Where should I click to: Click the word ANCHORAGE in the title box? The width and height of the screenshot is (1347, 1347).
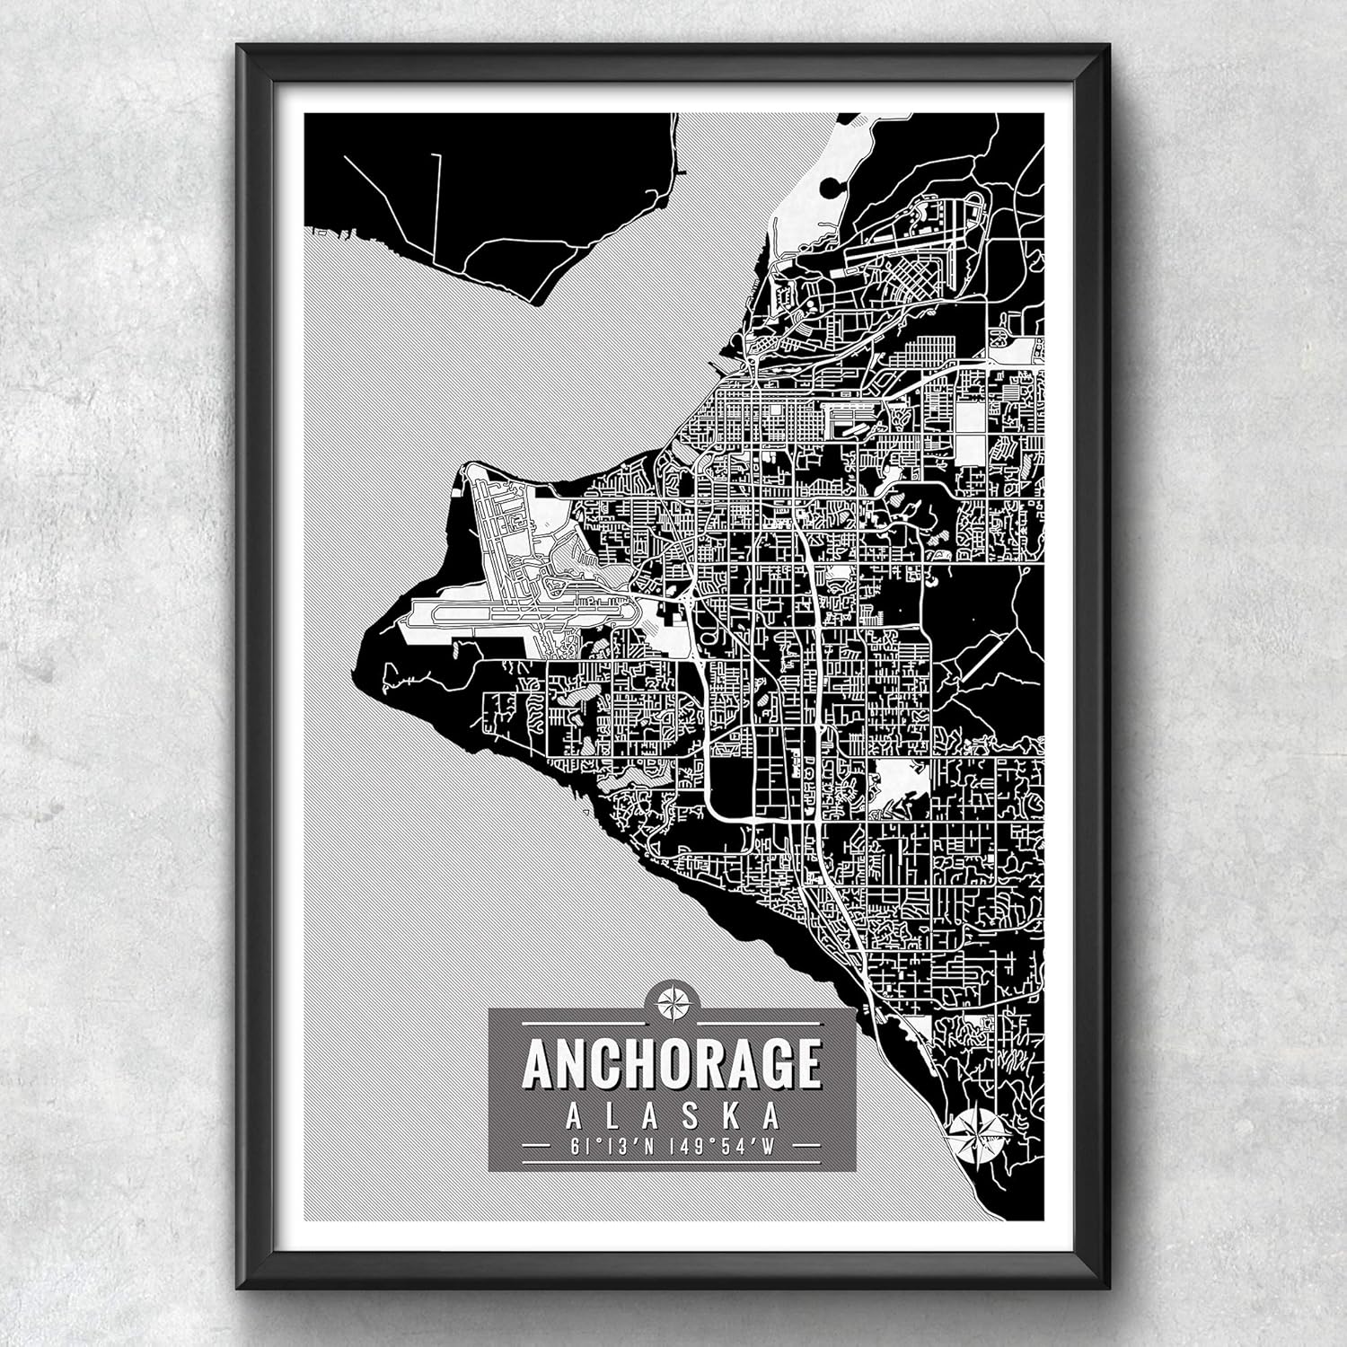672,1062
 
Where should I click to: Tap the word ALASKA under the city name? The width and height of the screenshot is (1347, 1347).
672,1116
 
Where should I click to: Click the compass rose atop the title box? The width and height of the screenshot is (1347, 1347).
672,1001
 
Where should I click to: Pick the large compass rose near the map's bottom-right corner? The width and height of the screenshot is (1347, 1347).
977,1133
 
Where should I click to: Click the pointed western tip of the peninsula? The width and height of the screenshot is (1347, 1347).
365,645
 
